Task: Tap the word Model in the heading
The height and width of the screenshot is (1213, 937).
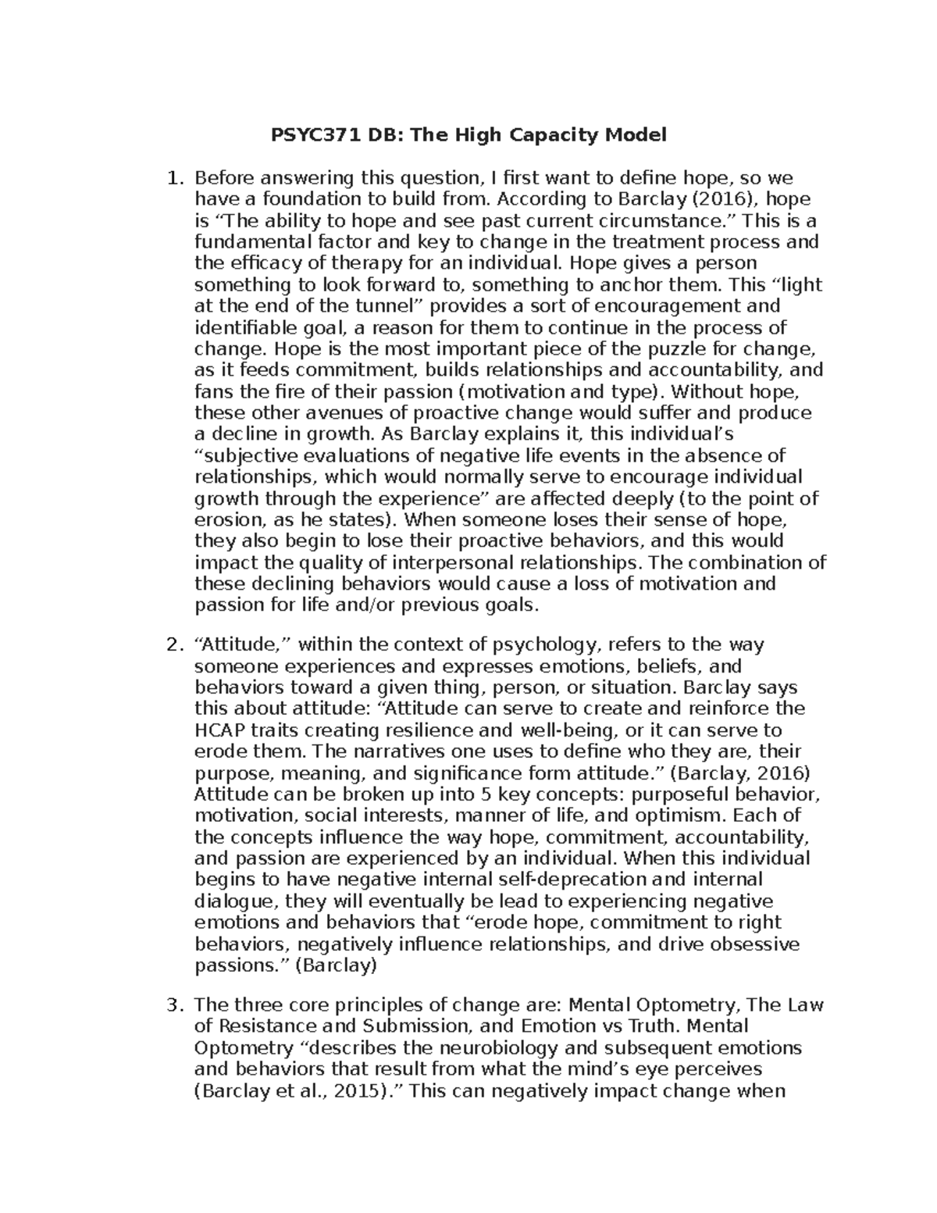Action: (635, 135)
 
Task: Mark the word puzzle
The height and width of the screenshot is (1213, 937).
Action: (675, 348)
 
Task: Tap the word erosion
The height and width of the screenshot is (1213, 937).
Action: (226, 520)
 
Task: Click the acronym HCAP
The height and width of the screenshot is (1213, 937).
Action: (217, 731)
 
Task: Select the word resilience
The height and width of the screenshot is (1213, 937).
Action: (425, 731)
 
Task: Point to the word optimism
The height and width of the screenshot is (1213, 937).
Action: (680, 816)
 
